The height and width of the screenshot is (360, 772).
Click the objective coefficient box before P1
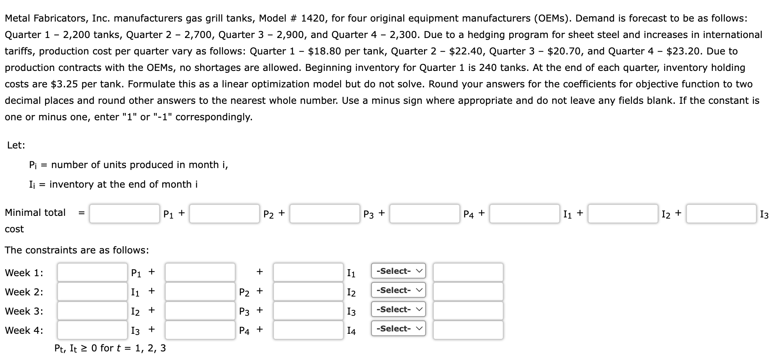click(x=124, y=214)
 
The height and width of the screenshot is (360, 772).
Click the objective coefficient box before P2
click(x=225, y=214)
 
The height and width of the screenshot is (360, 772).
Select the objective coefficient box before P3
click(x=324, y=214)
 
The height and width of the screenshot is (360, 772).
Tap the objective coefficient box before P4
click(x=424, y=214)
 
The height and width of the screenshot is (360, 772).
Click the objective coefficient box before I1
click(x=524, y=214)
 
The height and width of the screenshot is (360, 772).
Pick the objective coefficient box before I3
click(x=721, y=214)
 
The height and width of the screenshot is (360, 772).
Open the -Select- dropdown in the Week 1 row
click(x=398, y=271)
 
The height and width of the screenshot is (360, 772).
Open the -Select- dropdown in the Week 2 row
click(x=398, y=290)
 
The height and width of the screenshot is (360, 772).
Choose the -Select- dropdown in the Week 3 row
click(x=398, y=309)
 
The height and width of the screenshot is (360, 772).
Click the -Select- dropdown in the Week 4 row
click(x=398, y=329)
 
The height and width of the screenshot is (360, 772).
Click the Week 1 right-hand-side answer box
click(x=468, y=272)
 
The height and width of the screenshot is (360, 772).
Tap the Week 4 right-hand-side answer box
click(x=468, y=330)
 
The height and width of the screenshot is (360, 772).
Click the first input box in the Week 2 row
click(x=92, y=291)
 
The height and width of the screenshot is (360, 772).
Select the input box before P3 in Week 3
click(x=200, y=311)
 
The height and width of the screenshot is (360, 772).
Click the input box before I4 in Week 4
click(x=308, y=330)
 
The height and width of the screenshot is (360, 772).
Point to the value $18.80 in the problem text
click(x=324, y=51)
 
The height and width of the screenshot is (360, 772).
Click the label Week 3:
click(x=24, y=311)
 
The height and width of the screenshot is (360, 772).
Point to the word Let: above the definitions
click(x=16, y=145)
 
